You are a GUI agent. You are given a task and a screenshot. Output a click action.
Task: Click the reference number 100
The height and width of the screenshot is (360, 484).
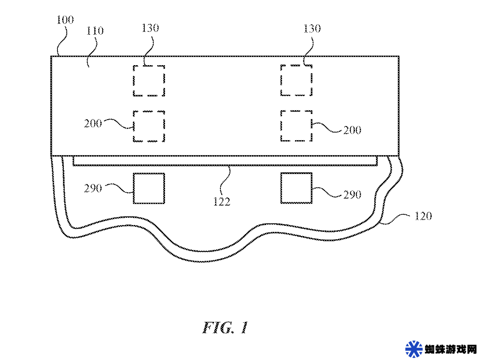[65, 20]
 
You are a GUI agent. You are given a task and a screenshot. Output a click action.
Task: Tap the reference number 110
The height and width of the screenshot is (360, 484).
[95, 31]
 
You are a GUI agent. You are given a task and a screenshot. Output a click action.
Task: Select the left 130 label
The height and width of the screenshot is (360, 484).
[150, 28]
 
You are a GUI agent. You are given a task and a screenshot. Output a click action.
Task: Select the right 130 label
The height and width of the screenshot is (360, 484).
[312, 29]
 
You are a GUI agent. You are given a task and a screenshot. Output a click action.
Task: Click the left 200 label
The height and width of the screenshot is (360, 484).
[93, 124]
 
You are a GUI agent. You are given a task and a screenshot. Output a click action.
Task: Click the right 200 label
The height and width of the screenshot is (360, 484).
[352, 130]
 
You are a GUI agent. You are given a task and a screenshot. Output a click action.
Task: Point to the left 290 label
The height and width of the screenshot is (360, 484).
[93, 189]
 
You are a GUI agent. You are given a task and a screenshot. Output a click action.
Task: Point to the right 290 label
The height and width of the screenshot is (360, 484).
[352, 195]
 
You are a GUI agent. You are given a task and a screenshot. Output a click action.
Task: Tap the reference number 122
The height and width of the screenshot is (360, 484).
[222, 202]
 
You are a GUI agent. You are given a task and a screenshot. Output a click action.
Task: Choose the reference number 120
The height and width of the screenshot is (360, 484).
[423, 216]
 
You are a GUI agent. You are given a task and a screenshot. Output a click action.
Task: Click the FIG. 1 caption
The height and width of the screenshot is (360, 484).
[225, 327]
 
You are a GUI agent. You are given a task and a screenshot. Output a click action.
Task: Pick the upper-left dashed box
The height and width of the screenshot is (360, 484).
[133, 81]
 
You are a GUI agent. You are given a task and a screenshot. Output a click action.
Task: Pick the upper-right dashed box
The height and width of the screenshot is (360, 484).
[281, 80]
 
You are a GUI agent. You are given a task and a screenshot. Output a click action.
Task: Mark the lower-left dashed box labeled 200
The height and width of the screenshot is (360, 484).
[133, 126]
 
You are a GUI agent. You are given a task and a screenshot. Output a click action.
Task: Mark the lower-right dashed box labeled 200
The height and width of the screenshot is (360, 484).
[281, 126]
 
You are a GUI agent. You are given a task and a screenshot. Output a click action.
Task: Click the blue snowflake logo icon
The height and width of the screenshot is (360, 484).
[414, 349]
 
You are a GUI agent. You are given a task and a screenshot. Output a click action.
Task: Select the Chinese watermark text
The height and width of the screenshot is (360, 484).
[451, 350]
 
